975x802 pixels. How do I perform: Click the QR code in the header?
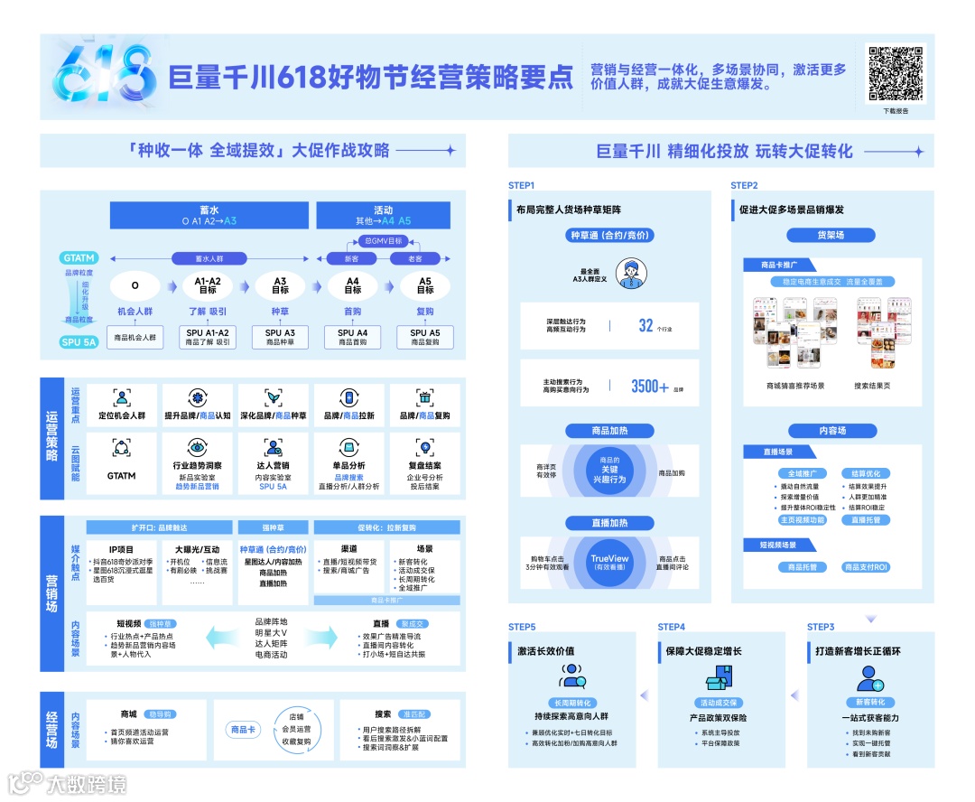(x=896, y=73)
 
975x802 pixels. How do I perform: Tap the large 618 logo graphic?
(x=101, y=75)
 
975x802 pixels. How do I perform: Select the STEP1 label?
(x=522, y=185)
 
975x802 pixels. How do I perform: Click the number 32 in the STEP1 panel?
(x=645, y=326)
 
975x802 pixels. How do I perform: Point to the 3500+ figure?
(x=650, y=387)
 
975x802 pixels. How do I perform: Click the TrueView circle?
(x=609, y=562)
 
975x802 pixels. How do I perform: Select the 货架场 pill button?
(x=830, y=235)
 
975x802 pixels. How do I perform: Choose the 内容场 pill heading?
(x=830, y=431)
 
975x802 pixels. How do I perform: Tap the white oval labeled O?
(x=135, y=286)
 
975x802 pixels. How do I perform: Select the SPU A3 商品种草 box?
(x=280, y=337)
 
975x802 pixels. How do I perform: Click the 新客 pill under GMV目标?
(x=352, y=258)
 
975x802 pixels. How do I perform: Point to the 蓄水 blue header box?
(x=209, y=215)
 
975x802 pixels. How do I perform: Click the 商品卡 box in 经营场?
(x=243, y=729)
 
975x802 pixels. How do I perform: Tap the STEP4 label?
(x=671, y=627)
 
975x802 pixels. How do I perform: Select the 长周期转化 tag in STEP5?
(x=571, y=703)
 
